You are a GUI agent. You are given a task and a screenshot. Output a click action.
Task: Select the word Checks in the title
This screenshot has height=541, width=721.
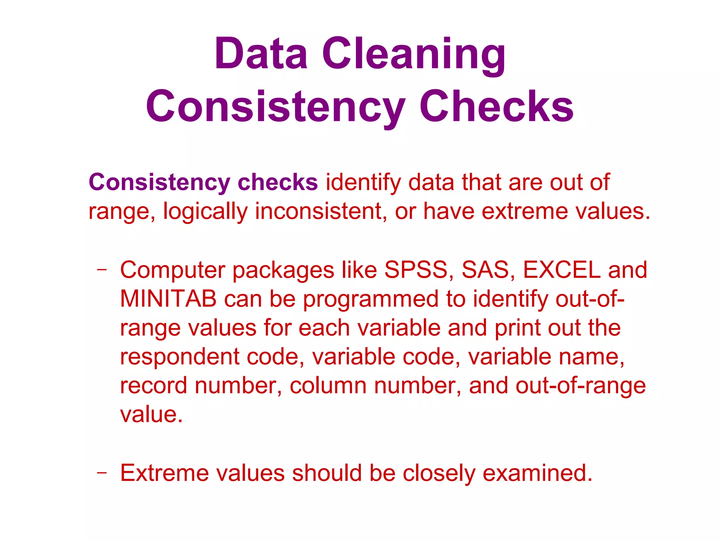[x=496, y=106]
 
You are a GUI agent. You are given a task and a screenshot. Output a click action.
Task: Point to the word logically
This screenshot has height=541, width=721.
[x=205, y=211]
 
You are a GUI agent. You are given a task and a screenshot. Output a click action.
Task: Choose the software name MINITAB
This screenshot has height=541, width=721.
[x=168, y=299]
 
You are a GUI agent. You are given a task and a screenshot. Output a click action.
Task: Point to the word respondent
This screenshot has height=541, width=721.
[x=180, y=357]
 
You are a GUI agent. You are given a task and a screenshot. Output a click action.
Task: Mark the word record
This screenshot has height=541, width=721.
[x=153, y=386]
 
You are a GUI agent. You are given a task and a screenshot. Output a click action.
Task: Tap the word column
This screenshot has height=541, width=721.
[x=328, y=386]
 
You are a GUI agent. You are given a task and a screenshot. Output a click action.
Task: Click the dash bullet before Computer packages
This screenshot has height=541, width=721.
[x=102, y=270]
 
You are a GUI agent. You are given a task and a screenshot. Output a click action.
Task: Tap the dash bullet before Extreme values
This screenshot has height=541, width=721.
[x=102, y=473]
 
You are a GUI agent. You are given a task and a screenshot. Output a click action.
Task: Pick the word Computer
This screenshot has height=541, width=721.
[x=173, y=270]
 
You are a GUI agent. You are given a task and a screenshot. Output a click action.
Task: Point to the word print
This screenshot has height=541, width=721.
[x=518, y=328]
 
